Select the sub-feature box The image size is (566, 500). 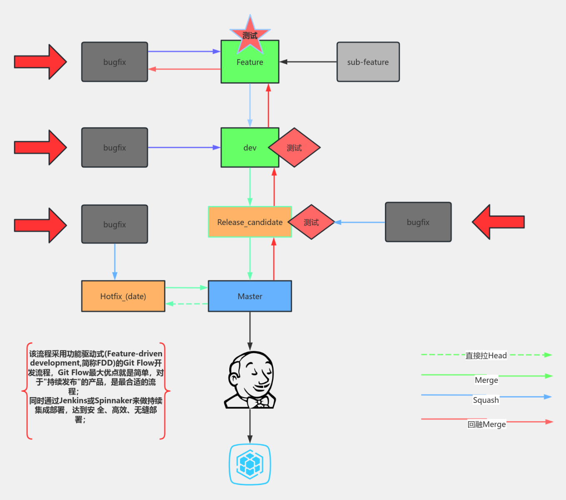pos(368,62)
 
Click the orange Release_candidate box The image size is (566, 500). pos(249,222)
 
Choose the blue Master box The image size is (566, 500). pos(250,296)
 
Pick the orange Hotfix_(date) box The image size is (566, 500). pos(123,296)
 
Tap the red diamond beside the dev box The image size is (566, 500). pos(295,147)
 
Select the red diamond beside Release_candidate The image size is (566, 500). pos(311,222)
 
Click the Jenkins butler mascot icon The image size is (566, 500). pos(250,380)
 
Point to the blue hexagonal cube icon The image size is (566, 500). pos(250,464)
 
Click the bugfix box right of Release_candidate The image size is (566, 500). pos(418,222)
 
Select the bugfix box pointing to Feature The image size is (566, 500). pos(115,62)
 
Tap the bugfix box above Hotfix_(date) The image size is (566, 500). pos(115,224)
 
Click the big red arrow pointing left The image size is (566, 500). pos(498,222)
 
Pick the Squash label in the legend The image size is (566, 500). pos(486,400)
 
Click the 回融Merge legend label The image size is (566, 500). pos(486,424)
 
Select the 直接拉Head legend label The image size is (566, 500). pos(486,355)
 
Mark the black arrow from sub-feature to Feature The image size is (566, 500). pos(308,62)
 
